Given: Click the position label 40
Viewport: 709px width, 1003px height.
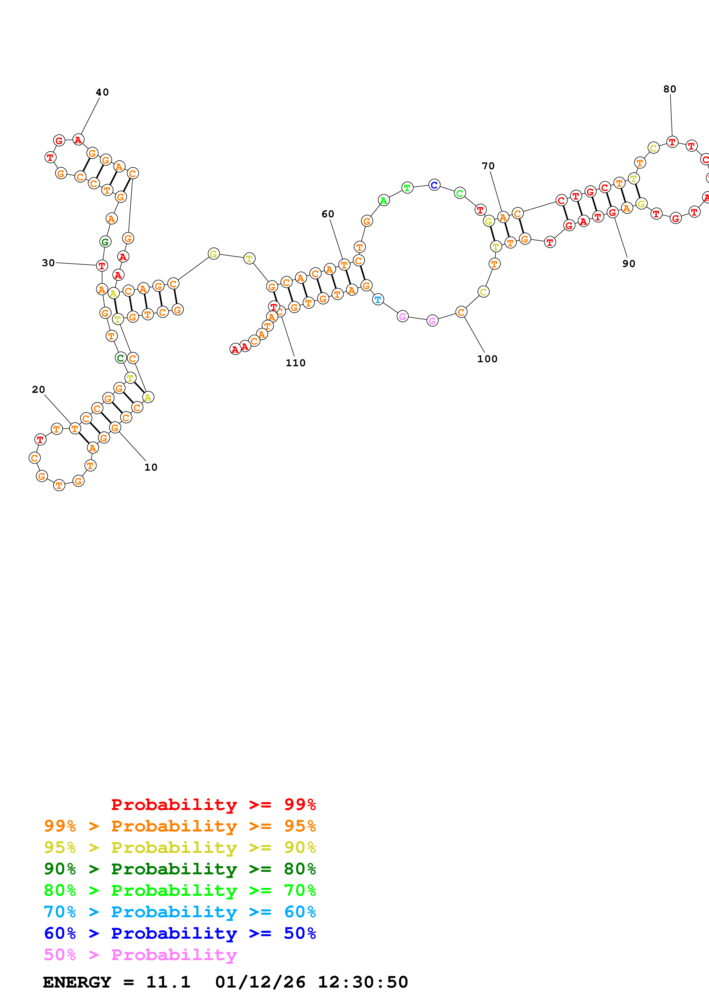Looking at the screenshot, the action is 102,92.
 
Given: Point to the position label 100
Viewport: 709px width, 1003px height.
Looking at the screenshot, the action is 487,359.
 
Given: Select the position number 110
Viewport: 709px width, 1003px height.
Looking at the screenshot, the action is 295,363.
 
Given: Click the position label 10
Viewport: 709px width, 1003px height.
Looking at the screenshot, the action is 151,467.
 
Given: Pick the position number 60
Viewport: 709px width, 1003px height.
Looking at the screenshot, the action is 328,214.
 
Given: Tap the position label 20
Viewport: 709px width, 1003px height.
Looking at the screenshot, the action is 38,390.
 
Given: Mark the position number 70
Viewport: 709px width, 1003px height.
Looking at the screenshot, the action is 488,166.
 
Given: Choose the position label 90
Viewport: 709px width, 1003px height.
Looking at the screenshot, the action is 629,264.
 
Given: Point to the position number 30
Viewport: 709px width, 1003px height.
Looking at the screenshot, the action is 48,263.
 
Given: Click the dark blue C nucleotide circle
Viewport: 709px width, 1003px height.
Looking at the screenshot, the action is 434,185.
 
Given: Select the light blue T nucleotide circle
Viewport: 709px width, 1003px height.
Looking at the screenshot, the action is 378,300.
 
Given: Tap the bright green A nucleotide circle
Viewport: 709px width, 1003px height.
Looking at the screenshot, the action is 383,200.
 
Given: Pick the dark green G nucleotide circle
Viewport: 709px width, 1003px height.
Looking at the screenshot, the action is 105,242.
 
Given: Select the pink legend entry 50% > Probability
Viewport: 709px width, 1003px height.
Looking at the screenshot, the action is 140,955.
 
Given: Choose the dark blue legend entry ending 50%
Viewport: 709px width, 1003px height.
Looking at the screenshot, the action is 180,934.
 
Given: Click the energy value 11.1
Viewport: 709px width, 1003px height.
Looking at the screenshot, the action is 168,982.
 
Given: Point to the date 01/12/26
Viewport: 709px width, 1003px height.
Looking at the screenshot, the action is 260,982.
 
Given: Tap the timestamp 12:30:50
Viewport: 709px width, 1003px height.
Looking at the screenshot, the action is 363,982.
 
